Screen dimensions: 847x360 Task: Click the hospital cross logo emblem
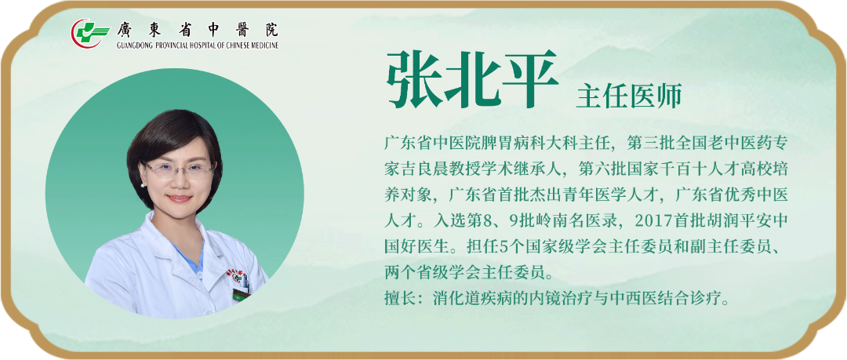pos(86,33)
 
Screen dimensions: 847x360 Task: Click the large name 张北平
pos(471,79)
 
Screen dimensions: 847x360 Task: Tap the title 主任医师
pos(629,96)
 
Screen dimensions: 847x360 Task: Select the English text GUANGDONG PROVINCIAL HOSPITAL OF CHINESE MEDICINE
pos(197,45)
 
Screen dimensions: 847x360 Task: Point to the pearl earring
pos(144,184)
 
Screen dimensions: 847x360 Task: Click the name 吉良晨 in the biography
pos(426,170)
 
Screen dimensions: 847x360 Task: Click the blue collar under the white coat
pos(190,259)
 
